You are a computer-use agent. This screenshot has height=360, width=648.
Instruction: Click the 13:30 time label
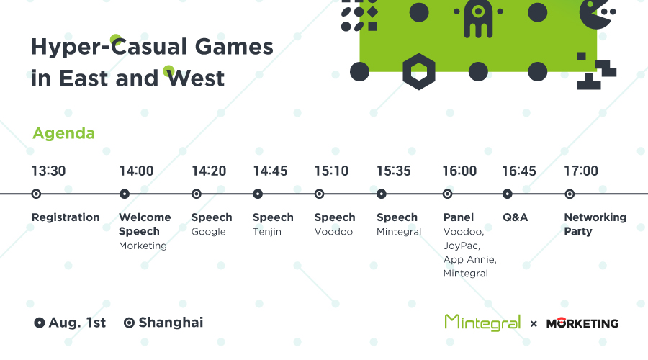coord(49,171)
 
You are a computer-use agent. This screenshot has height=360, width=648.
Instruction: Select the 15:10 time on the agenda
coord(331,171)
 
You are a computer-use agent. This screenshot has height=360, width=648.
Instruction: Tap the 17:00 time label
coord(581,171)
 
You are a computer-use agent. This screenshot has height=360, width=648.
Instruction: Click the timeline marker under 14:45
coord(258,194)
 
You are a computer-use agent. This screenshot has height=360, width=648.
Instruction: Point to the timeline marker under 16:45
coord(508,194)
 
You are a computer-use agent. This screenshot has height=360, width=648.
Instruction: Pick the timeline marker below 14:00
coord(125,194)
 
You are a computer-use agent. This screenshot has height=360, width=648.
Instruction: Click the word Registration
coord(66,217)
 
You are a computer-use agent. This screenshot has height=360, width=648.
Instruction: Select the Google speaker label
coord(208,232)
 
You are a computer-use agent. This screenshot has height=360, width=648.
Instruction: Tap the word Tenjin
coord(267,231)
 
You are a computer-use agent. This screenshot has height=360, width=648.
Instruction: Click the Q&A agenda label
coord(516,217)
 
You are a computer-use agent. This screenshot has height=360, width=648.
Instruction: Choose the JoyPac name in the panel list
coord(462,246)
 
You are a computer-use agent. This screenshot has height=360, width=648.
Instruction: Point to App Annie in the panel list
coord(470,260)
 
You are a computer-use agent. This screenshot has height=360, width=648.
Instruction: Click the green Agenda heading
coord(63,133)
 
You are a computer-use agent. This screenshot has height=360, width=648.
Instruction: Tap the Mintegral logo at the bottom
coord(482,323)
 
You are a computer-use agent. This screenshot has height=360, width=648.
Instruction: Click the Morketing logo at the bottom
coord(582,323)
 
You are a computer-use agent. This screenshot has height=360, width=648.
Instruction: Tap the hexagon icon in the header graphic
coord(419,71)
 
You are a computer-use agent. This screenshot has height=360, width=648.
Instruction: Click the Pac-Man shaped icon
coord(595,13)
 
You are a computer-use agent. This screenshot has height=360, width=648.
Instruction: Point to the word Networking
coord(595,217)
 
